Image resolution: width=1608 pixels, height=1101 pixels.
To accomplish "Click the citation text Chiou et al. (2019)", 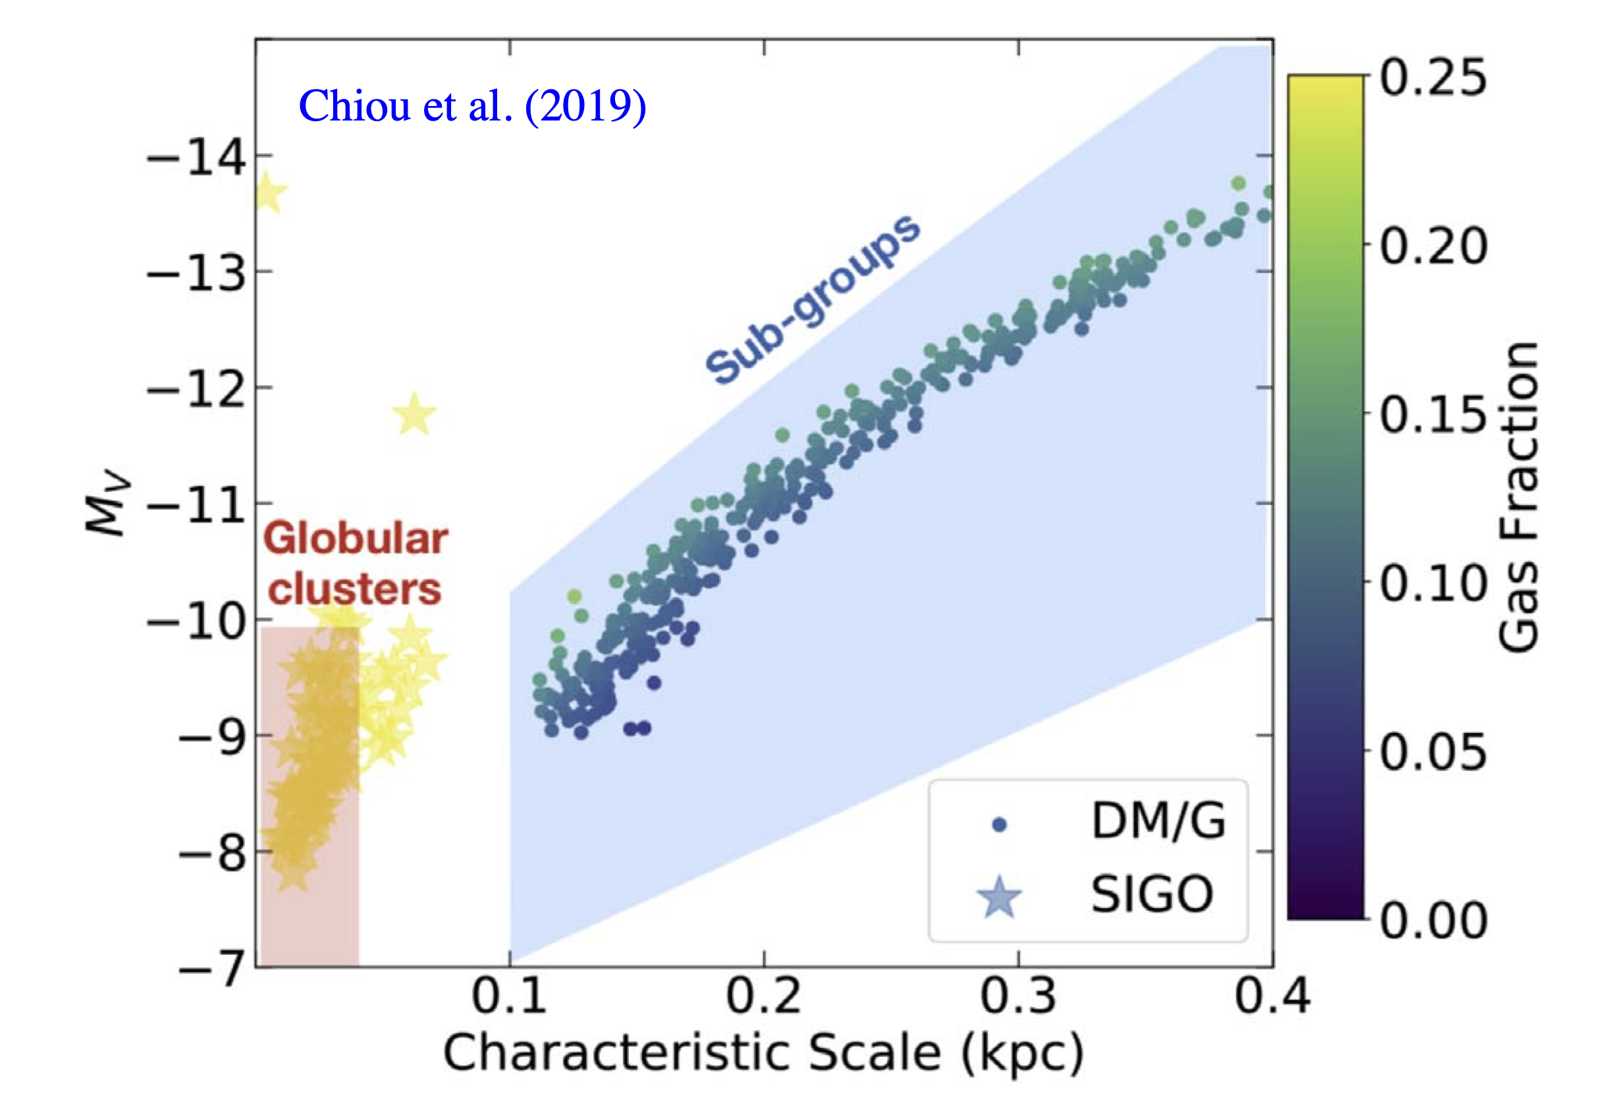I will (x=472, y=106).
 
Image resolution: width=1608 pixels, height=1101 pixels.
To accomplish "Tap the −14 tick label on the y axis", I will (x=196, y=158).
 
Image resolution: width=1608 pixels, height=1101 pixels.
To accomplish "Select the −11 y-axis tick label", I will (x=196, y=506).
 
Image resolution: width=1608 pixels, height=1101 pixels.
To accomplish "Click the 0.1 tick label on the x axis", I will (x=509, y=996).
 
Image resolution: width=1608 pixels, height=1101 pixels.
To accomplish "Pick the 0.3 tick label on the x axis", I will (x=1018, y=996).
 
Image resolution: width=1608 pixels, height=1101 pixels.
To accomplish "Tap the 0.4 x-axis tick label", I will (x=1272, y=996).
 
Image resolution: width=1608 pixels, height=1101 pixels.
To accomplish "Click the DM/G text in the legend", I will (x=1158, y=821).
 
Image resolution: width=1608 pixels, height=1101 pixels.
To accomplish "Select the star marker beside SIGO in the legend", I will (x=999, y=898).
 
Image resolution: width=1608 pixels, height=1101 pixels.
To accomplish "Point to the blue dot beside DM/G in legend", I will (x=999, y=824).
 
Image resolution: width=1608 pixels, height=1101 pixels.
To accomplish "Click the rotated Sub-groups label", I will (x=813, y=299).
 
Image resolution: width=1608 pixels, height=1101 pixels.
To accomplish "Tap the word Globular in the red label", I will (x=356, y=539).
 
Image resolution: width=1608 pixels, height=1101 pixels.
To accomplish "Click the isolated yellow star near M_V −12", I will (x=414, y=416).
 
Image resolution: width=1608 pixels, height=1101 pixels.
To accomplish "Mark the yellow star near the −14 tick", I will (x=267, y=194).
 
